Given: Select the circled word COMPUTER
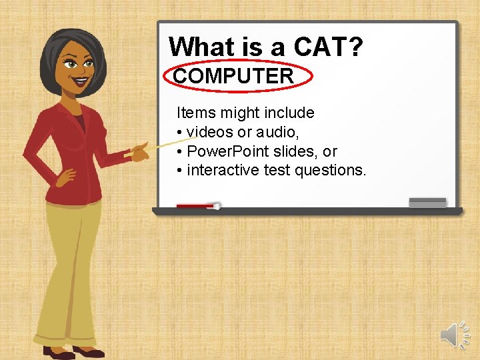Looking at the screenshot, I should tap(233, 76).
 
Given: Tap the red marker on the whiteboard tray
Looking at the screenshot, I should tap(197, 207).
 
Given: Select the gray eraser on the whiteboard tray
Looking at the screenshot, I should tap(427, 203).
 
